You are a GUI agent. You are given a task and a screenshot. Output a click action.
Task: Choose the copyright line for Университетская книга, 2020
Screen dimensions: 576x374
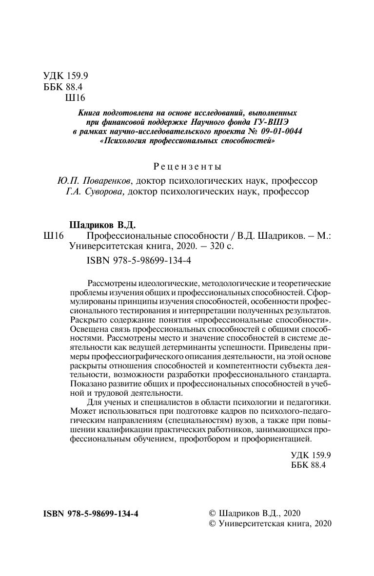pyautogui.click(x=269, y=524)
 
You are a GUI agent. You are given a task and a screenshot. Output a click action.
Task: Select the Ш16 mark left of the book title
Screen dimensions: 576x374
pyautogui.click(x=54, y=236)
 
